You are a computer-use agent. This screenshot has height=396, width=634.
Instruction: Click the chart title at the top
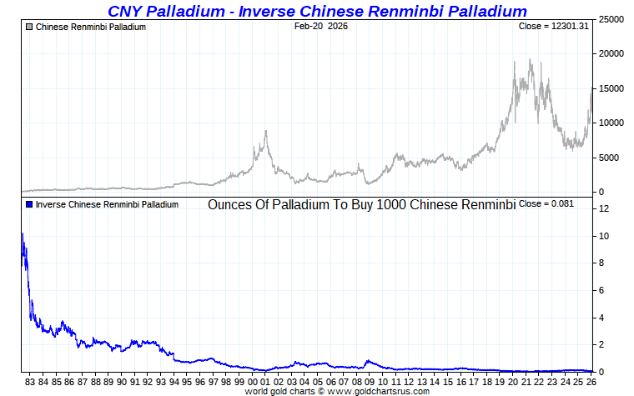pos(317,11)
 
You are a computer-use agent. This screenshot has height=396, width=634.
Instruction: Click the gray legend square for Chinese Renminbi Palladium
pos(29,28)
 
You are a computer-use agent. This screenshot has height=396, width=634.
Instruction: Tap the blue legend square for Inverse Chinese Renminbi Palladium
pos(29,204)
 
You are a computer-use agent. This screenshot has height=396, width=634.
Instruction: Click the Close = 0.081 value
pos(546,204)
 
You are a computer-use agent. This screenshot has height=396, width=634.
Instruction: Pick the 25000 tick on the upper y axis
pos(613,19)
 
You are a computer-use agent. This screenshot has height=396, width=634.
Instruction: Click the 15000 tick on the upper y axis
pos(613,88)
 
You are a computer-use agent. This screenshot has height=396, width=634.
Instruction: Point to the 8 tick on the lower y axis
pos(603,263)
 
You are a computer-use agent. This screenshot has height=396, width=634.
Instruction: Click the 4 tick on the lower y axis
pos(603,318)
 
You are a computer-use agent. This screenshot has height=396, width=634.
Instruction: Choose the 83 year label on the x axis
pos(29,382)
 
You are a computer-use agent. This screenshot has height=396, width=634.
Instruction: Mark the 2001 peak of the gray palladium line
pos(266,131)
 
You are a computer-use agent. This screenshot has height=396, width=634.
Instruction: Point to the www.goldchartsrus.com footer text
pos(379,391)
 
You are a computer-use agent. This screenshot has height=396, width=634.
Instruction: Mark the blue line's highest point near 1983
pos(22,234)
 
